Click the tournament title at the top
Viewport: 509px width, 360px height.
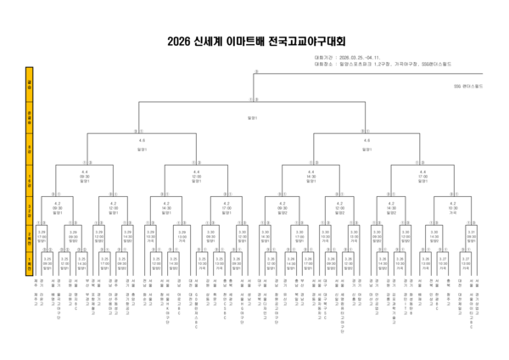coord(255,41)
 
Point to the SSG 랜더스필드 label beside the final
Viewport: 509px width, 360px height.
coord(467,86)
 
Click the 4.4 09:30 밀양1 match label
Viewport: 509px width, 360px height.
coord(85,177)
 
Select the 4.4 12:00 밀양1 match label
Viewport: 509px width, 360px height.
coord(196,177)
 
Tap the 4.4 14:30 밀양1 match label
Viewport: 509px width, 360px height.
coord(310,177)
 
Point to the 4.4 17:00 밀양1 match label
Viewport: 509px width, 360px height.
coord(422,177)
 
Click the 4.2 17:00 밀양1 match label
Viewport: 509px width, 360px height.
coord(226,207)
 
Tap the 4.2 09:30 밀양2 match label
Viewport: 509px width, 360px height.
coord(282,207)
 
